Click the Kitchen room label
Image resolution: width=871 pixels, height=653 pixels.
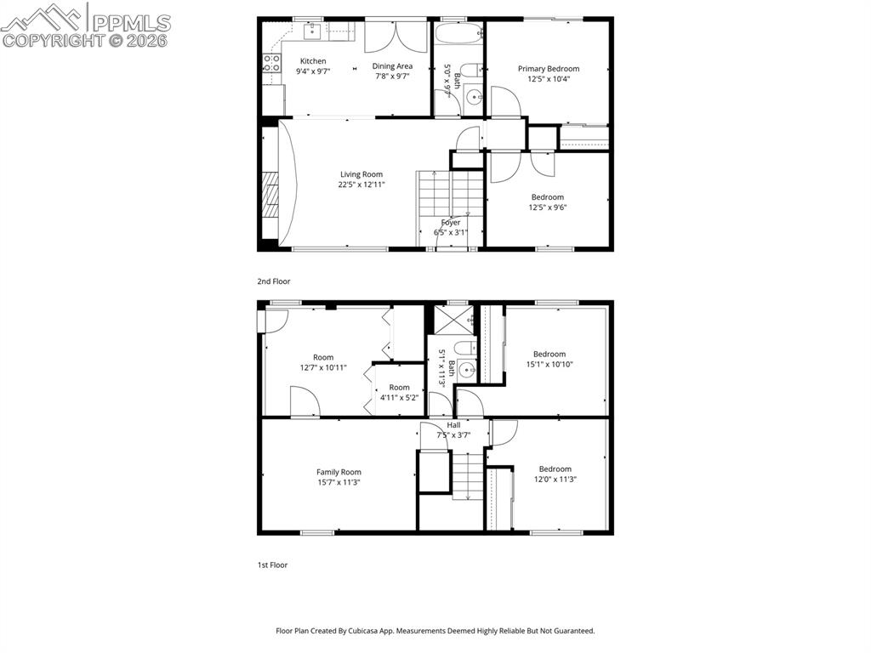pos(313,61)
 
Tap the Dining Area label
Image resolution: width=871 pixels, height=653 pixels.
pos(392,65)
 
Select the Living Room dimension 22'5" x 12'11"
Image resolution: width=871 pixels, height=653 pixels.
pos(361,185)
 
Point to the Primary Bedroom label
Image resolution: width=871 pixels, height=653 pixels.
pos(549,69)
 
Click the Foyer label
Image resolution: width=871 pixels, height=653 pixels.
pos(450,223)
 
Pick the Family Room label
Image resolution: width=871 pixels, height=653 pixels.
pos(339,472)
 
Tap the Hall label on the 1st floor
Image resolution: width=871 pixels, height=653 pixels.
pos(453,425)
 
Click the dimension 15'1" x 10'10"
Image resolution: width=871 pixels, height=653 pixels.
pos(549,364)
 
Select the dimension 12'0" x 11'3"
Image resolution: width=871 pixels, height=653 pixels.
pos(555,479)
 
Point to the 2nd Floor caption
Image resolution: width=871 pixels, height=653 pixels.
pos(274,281)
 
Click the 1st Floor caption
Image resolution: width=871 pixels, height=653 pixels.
pos(272,565)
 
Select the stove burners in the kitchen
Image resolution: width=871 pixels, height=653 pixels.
pos(271,62)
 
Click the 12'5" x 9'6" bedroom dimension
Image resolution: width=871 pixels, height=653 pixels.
pos(548,207)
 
